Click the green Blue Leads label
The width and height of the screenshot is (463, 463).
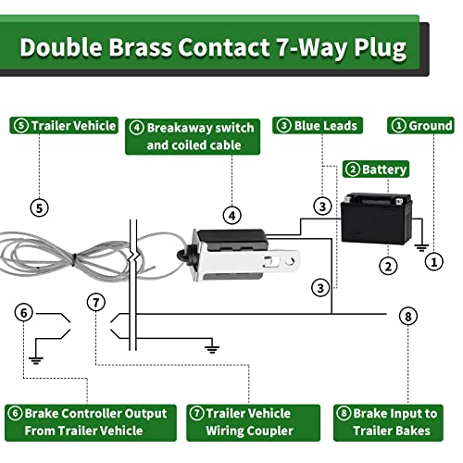point(318,125)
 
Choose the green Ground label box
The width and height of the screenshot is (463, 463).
point(422,125)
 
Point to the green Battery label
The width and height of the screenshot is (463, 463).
point(376,169)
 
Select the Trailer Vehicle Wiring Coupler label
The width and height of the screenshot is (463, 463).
point(240,421)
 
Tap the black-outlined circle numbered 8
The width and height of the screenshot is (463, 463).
point(409,316)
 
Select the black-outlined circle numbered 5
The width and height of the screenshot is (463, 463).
point(39,207)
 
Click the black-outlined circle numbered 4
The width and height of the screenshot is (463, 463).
point(232,215)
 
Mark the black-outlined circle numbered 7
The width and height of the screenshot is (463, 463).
point(95,301)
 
